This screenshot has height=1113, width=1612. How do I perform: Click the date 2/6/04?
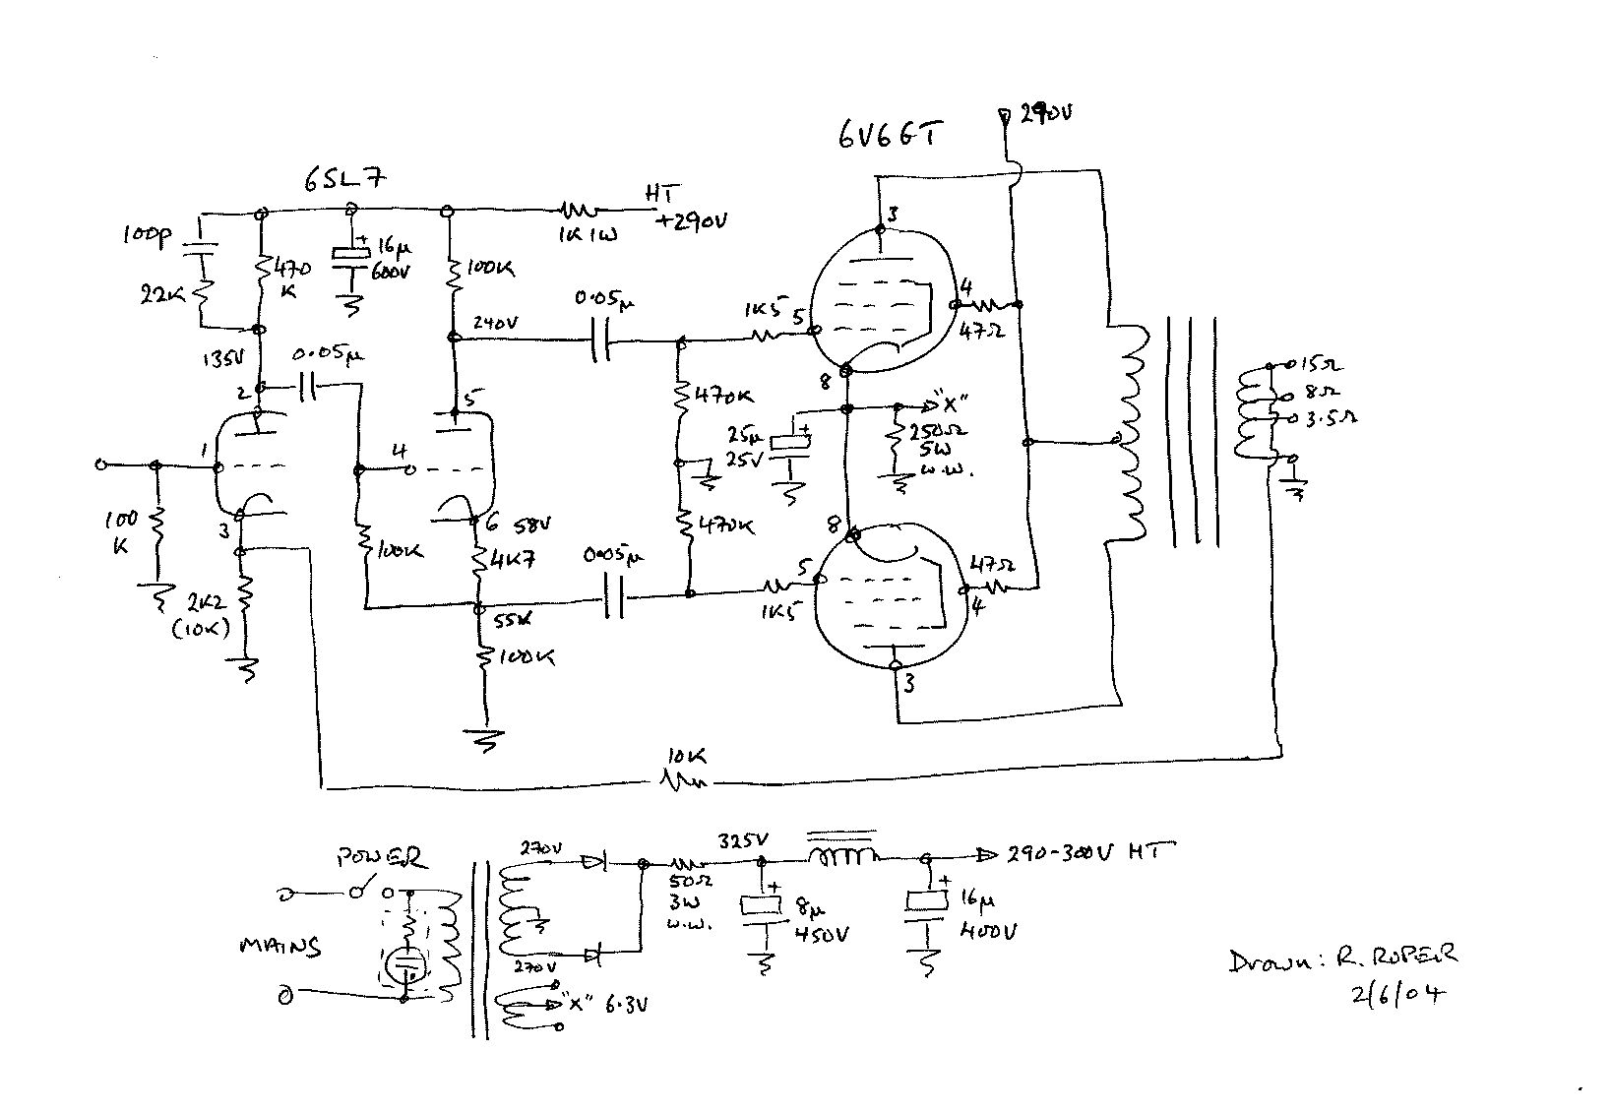[x=1398, y=994]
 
